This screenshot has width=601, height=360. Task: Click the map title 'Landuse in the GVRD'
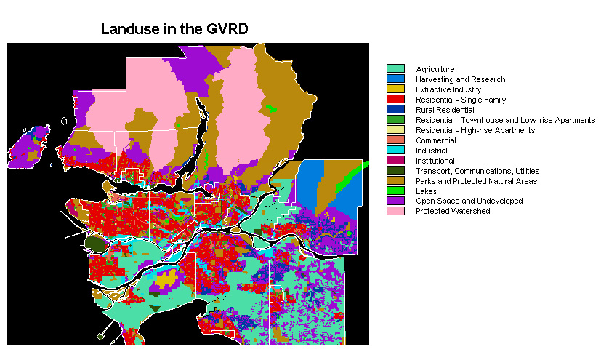click(x=174, y=30)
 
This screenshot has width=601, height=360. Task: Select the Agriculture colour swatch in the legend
click(x=395, y=69)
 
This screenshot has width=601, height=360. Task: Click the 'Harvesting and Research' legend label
click(x=460, y=79)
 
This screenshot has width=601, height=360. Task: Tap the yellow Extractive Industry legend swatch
click(x=395, y=89)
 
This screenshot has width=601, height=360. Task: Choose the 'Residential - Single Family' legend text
click(x=461, y=100)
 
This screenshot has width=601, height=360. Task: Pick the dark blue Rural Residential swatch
click(x=395, y=110)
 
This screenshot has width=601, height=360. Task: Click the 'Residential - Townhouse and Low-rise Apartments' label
click(x=505, y=120)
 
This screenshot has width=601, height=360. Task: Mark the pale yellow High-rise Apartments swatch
click(x=395, y=130)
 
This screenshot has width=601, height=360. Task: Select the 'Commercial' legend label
click(x=436, y=140)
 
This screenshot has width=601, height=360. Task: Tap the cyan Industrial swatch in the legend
click(x=395, y=151)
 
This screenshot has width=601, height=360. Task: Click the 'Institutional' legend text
click(x=435, y=161)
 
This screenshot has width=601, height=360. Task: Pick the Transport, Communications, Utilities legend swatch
click(x=395, y=171)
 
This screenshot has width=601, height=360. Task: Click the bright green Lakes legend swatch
click(x=395, y=191)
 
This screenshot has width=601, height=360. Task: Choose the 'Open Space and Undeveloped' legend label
click(x=469, y=201)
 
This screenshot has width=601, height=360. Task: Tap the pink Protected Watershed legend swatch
click(x=395, y=211)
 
